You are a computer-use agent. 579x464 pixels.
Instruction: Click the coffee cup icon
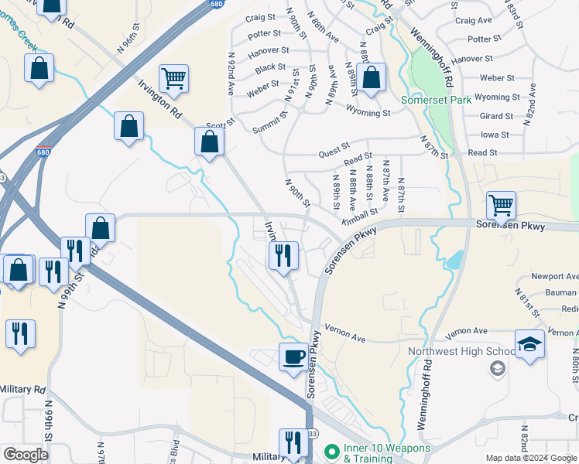pos(293,357)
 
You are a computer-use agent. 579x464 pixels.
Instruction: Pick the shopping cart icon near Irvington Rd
pos(173,78)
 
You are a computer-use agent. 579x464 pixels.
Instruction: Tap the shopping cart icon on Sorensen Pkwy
pos(501,206)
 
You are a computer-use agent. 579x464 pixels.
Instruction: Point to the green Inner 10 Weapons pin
pos(332,449)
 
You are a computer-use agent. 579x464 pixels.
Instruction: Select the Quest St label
pos(334,155)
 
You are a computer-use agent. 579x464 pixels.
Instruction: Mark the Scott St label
pos(221,125)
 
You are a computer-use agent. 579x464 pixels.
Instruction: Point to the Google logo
pos(26,455)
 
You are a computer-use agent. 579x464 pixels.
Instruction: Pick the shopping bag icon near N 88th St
pos(371,79)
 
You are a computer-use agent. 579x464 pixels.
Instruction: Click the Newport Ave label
pos(553,277)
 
